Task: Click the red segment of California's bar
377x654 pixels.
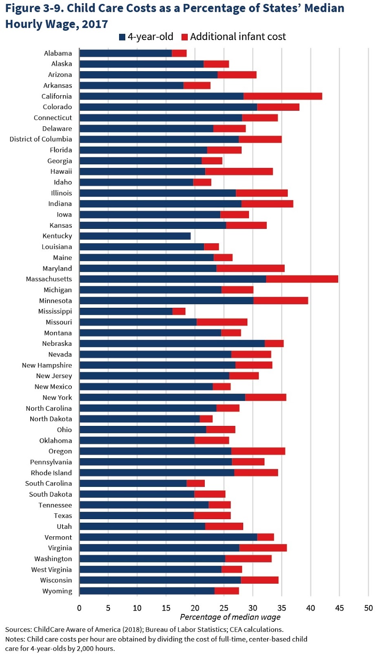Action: tap(283, 96)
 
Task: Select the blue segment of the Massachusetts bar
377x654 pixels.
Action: tap(173, 279)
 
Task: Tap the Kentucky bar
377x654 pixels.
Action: tap(135, 236)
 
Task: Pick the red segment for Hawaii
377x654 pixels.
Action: tap(239, 171)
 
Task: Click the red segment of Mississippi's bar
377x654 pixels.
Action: tap(179, 311)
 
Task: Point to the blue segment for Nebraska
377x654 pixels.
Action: tap(172, 344)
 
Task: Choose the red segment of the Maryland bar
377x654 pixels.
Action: tap(251, 269)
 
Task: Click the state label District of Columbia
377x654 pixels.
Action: tap(41, 139)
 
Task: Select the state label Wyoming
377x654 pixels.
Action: tap(57, 591)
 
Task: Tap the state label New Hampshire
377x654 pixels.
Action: tap(47, 365)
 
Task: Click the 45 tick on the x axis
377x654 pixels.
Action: tap(339, 608)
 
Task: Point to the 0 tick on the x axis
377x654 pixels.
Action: tap(79, 608)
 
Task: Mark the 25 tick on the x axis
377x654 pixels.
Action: tap(224, 608)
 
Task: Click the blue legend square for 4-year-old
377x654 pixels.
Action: tap(122, 37)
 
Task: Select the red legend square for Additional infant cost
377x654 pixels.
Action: tap(184, 37)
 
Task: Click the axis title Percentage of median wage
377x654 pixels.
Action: tap(230, 617)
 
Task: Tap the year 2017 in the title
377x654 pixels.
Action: tap(95, 24)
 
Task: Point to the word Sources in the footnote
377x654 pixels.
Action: tap(18, 629)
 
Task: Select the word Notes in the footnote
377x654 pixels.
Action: tap(15, 639)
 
